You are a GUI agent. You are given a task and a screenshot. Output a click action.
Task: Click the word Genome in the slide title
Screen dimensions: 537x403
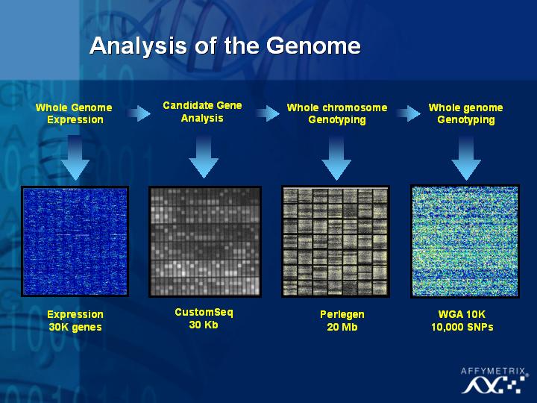click(313, 46)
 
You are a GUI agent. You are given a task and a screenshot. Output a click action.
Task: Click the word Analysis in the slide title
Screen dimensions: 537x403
click(139, 46)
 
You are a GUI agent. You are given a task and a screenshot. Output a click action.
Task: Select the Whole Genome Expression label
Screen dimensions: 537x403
click(75, 113)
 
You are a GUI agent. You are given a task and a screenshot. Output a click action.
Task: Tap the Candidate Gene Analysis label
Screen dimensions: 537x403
click(202, 111)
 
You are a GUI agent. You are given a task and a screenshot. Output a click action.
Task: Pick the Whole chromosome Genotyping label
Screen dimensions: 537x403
click(337, 113)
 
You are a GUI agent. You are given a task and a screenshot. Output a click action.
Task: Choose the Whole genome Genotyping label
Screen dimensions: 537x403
click(465, 113)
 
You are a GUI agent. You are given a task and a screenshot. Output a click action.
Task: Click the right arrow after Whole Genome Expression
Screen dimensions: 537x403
click(139, 113)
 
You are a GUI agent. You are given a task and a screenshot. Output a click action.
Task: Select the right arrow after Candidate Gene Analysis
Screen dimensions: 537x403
click(268, 113)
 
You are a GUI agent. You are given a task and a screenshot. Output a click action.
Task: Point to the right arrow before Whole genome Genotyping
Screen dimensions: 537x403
click(408, 113)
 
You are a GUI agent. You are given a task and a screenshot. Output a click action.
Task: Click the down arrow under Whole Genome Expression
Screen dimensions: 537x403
click(75, 157)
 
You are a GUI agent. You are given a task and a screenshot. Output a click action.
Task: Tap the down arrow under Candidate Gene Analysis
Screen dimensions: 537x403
click(204, 157)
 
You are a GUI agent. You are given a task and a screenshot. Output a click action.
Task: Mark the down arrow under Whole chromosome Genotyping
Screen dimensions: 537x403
click(336, 157)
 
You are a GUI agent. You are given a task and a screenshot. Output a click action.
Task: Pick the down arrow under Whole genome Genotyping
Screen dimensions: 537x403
click(465, 157)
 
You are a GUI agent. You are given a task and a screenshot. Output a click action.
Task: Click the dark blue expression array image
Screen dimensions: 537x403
click(75, 241)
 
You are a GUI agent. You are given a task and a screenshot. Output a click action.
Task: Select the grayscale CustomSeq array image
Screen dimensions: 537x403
click(205, 241)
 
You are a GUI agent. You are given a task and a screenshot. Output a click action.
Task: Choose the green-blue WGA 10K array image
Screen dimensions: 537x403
click(465, 241)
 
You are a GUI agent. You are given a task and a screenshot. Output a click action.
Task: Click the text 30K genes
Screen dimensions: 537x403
click(75, 327)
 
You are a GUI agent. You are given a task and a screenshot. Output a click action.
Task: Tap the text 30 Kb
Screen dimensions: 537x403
click(204, 325)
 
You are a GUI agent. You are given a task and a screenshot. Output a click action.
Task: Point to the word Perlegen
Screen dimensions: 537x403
click(342, 315)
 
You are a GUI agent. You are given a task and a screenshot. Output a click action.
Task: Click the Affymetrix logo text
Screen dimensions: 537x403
click(493, 371)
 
